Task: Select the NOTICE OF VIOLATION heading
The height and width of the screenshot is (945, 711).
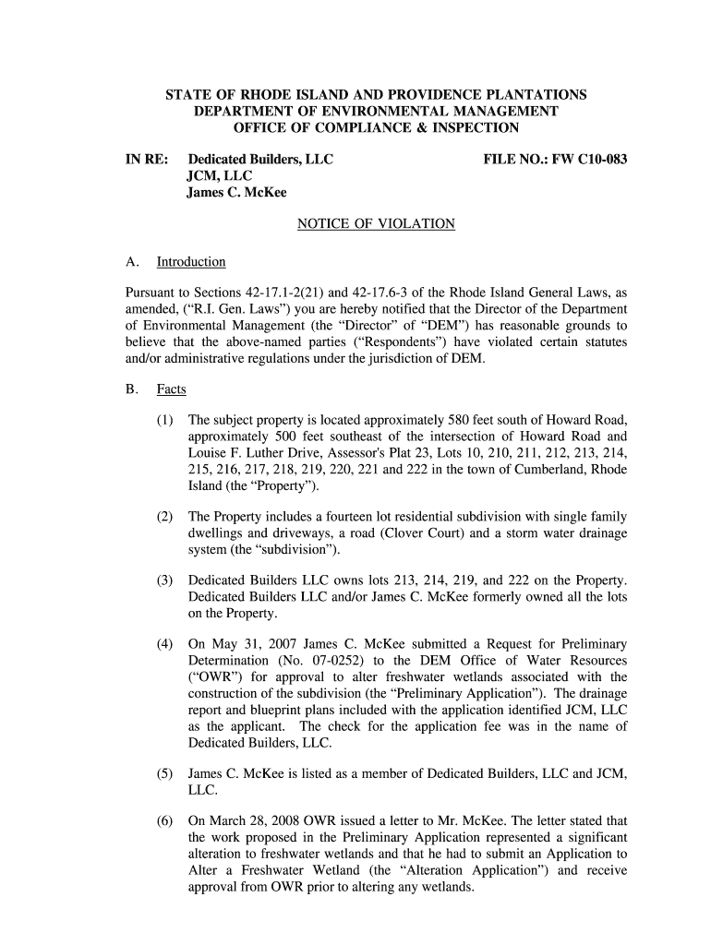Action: [x=376, y=223]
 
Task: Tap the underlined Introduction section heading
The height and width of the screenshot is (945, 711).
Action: [x=191, y=262]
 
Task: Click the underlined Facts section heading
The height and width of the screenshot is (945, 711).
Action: [x=172, y=389]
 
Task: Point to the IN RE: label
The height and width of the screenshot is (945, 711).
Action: [x=147, y=160]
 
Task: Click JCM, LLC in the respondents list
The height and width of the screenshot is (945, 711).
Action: [x=220, y=176]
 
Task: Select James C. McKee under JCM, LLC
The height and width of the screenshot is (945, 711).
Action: [x=237, y=193]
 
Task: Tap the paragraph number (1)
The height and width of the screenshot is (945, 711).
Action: [x=165, y=421]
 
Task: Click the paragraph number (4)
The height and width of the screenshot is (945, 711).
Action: [x=165, y=643]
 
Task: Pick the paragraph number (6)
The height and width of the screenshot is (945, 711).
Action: [x=165, y=819]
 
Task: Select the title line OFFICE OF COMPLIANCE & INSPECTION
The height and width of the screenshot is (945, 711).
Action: [x=376, y=127]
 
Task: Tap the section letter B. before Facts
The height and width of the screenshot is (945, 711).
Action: [x=132, y=389]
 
